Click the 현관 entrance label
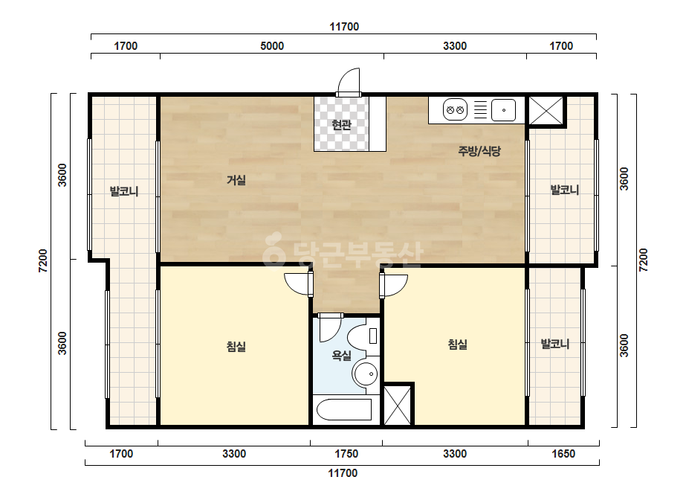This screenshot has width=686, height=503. pos(341,125)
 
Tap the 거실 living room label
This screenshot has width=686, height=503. pos(236,179)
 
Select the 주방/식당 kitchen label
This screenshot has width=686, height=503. pos(479,151)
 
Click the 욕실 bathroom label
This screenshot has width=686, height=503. pos(341,355)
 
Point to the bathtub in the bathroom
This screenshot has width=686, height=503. pos(344,410)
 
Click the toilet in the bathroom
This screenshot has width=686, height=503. pos(363,336)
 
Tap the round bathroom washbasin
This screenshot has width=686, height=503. pos(366,374)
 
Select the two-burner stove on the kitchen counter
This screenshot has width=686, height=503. pos(455,110)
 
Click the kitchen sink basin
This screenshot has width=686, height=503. pos(503,110)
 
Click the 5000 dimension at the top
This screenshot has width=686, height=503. pos(272,46)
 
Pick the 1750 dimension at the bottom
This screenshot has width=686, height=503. pos(346,454)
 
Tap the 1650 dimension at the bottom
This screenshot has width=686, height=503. pos(563,454)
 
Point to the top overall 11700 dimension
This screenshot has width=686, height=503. pos(344,27)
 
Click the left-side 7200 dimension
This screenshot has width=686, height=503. pos(43,260)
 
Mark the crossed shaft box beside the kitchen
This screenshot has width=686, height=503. pos(546,110)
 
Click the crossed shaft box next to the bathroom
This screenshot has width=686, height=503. pos(398,406)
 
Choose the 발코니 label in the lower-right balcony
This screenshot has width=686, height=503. pos(555,344)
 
